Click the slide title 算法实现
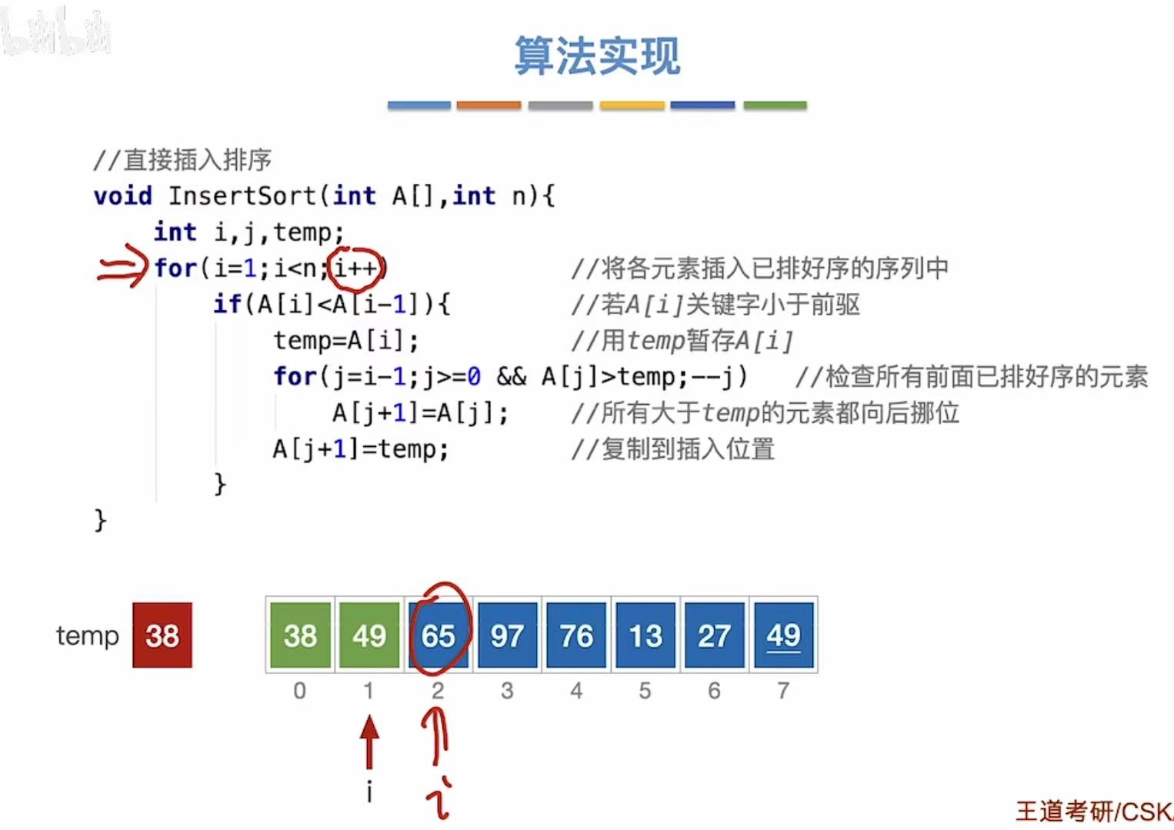(x=597, y=56)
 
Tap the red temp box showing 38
(x=162, y=635)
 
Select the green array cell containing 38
(x=300, y=635)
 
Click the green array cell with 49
(x=369, y=635)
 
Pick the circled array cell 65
(x=438, y=635)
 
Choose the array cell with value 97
(x=507, y=635)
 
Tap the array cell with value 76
(x=576, y=635)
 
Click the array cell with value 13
(x=645, y=635)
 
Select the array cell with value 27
(x=714, y=635)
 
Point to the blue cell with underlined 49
(x=783, y=635)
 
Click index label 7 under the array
(x=783, y=691)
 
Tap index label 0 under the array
(x=300, y=691)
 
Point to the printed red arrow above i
(x=369, y=742)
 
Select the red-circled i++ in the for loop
(x=356, y=268)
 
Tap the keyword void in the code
(x=122, y=196)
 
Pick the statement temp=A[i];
(x=346, y=340)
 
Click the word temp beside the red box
(x=88, y=636)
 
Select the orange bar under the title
(x=489, y=105)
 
